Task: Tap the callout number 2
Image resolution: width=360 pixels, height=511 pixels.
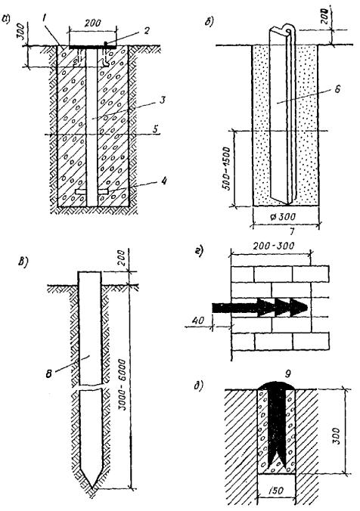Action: tap(147, 30)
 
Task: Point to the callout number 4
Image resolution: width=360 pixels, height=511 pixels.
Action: tap(164, 180)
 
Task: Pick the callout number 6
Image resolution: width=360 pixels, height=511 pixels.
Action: tap(337, 88)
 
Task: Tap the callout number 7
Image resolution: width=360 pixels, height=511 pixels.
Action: tap(292, 232)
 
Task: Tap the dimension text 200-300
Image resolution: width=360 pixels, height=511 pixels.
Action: tap(273, 245)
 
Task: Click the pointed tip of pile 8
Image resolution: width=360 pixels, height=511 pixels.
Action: tap(92, 488)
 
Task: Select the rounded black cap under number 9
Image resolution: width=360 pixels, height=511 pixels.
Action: tap(277, 386)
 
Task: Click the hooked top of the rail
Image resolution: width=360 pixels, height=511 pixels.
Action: tap(289, 29)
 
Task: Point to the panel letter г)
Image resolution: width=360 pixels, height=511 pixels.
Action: tap(200, 252)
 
